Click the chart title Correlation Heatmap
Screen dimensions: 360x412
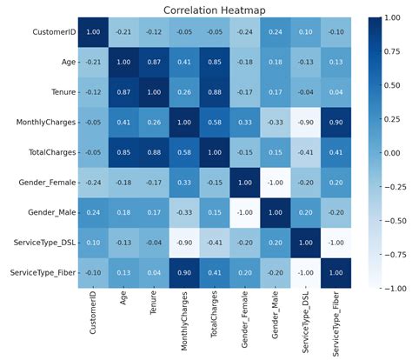click(206, 10)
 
